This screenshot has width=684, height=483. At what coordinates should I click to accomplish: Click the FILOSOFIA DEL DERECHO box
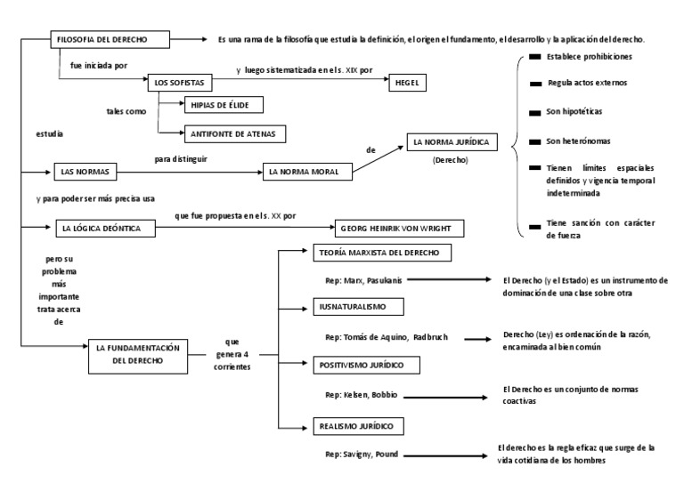[x=110, y=40]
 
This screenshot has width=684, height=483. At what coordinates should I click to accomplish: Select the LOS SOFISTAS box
[x=178, y=83]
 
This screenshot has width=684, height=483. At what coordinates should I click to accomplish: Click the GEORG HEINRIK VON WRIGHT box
[x=399, y=228]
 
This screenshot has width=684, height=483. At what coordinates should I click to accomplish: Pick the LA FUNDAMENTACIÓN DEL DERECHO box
[x=139, y=357]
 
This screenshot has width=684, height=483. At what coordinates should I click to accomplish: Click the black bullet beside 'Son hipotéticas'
[x=534, y=112]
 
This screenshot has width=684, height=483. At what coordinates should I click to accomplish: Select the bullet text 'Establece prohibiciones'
[x=589, y=57]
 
